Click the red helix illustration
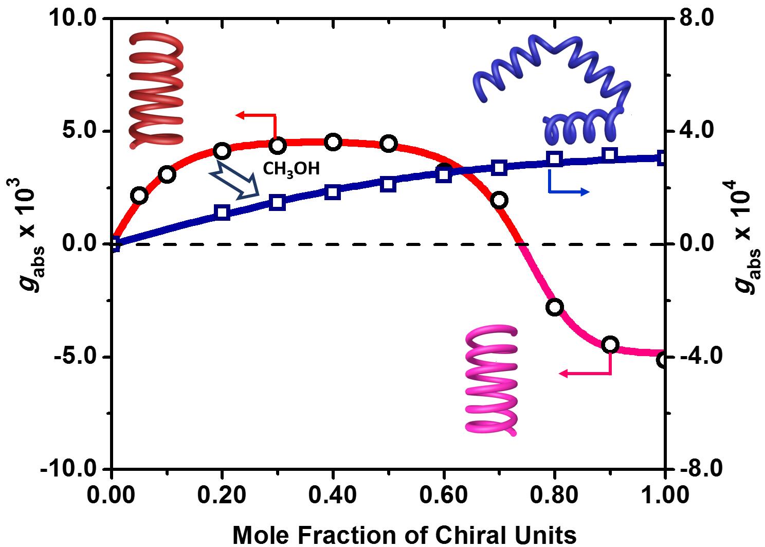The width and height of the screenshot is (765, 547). pyautogui.click(x=156, y=91)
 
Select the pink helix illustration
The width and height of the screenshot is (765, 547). pyautogui.click(x=491, y=381)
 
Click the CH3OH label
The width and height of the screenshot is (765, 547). pyautogui.click(x=291, y=168)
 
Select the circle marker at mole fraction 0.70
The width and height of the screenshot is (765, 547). pyautogui.click(x=499, y=200)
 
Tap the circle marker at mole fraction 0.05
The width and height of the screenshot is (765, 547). pyautogui.click(x=139, y=196)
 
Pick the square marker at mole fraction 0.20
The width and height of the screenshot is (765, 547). pyautogui.click(x=222, y=213)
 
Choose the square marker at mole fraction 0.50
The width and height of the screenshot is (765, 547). pyautogui.click(x=389, y=184)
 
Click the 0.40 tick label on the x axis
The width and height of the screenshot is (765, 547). pyautogui.click(x=333, y=496)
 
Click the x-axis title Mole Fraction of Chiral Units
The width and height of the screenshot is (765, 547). pyautogui.click(x=405, y=535)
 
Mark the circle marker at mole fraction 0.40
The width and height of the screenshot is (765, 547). pyautogui.click(x=333, y=143)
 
